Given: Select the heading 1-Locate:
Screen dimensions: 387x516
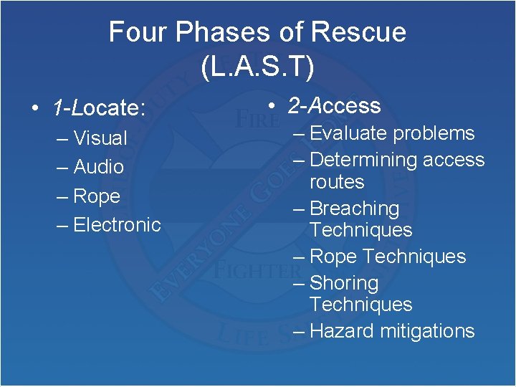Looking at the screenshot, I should [99, 108].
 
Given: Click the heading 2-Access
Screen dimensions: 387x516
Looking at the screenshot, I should [334, 106].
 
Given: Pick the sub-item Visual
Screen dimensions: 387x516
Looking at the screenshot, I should [100, 138].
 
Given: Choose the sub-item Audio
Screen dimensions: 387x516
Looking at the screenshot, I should [99, 167].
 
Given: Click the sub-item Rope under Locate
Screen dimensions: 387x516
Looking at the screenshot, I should [97, 196].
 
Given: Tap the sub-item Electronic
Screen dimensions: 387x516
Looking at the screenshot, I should [117, 224].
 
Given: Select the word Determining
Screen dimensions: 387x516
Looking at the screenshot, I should [363, 160].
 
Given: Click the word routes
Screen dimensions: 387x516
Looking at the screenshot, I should [337, 181].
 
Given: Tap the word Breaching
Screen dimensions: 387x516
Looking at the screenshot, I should [355, 209].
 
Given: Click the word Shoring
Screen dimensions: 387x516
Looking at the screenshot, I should [344, 283].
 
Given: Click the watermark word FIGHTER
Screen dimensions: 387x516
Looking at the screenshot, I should [256, 269].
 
